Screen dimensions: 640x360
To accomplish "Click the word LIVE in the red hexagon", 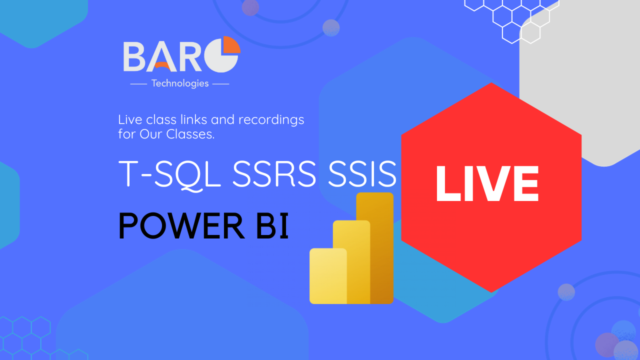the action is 487,183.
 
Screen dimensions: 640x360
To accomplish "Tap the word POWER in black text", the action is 181,225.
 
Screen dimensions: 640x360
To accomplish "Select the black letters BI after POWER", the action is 272,225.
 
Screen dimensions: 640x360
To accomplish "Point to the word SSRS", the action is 274,173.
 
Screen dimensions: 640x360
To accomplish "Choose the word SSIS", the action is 362,173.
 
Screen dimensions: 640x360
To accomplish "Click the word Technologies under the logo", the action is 180,83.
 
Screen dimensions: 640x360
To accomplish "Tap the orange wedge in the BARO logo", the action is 232,44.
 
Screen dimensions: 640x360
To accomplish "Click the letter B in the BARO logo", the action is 134,56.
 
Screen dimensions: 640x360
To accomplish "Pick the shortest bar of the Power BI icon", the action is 328,276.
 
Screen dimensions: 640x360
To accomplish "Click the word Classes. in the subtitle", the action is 190,134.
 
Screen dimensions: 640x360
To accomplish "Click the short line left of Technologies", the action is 138,84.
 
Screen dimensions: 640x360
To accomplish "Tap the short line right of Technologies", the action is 221,84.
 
